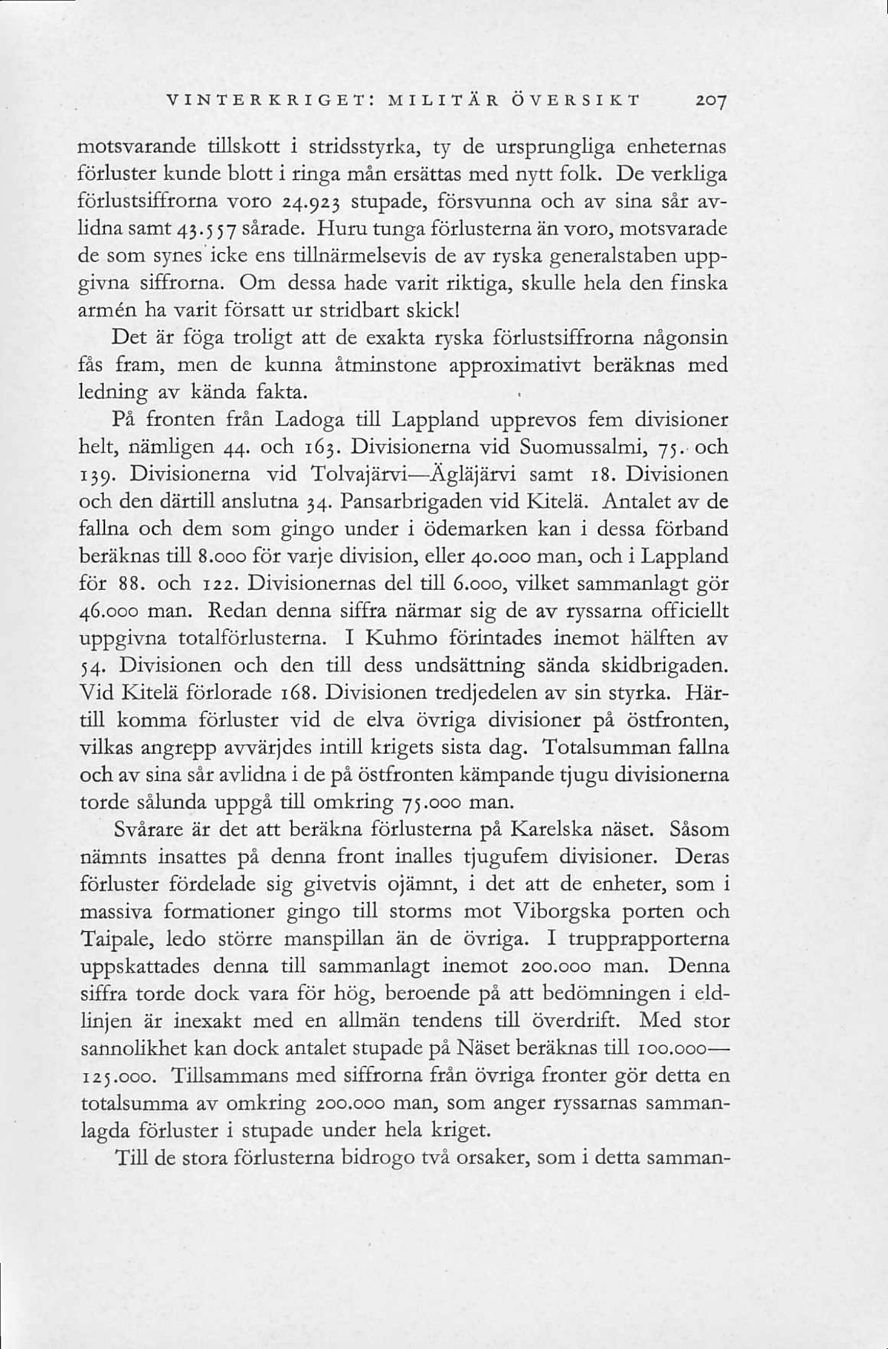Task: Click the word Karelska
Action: point(551,830)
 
